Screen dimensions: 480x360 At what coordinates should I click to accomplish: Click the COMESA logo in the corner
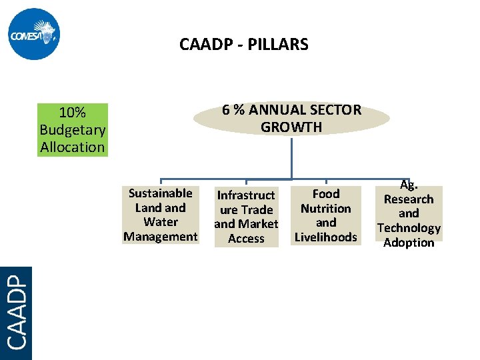35,35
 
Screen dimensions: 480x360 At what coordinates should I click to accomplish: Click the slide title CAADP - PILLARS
243,45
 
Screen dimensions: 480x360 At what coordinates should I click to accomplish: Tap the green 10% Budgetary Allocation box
73,130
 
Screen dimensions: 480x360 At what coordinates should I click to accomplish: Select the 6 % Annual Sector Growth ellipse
291,118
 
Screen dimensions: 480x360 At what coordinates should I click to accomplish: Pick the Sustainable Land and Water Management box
161,215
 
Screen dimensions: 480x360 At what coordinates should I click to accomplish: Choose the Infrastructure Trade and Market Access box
246,217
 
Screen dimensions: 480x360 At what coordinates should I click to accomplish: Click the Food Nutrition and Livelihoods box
326,215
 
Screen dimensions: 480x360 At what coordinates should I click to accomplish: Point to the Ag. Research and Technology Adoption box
409,213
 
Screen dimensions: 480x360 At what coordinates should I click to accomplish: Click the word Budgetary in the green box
73,130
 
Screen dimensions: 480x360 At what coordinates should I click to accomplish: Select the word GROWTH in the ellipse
291,127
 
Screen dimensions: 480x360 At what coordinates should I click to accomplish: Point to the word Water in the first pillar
161,222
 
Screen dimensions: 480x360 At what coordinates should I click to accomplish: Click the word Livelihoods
326,237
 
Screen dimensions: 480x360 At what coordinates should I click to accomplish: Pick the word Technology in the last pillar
409,228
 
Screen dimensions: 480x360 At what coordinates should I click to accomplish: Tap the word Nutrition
326,209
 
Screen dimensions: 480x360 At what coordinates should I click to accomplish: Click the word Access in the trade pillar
246,239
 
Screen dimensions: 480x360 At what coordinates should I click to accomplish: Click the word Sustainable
161,193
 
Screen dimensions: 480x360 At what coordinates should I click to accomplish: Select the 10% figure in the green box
72,113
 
